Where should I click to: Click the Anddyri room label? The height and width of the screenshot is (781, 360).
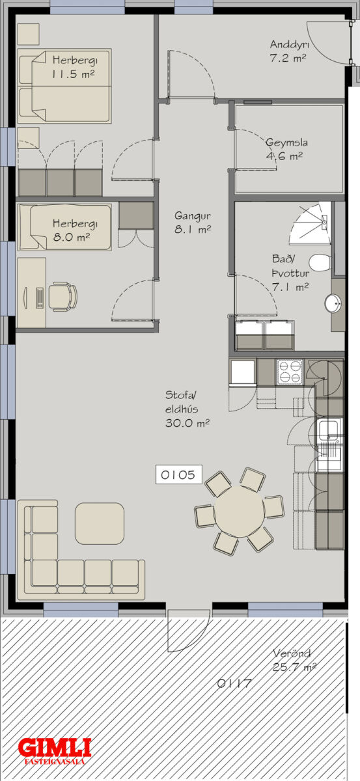point(288,45)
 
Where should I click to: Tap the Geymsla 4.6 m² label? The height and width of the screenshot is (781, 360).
point(286,149)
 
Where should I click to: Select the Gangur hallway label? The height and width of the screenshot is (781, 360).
point(193,215)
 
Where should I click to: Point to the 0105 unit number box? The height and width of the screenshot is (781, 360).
point(178,474)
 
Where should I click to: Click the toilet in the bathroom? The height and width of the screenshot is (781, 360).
point(320,263)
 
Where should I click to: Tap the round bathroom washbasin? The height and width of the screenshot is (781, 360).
point(333,303)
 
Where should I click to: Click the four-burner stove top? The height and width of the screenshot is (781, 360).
point(290,372)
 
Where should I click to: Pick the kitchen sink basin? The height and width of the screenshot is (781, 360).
point(328,430)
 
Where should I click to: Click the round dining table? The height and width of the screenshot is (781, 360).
point(239,512)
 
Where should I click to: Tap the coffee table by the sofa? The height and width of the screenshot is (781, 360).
point(100,523)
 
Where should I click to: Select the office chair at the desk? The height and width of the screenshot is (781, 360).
point(62,297)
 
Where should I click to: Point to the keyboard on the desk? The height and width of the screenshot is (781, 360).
point(40,298)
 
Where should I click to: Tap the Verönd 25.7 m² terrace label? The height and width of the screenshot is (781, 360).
point(294,660)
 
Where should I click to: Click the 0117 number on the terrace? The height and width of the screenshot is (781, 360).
point(234,683)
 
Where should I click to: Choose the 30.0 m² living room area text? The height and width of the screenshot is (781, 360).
point(187,423)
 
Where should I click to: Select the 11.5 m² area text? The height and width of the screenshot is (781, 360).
point(74,74)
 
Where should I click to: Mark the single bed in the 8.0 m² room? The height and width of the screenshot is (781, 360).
point(64,227)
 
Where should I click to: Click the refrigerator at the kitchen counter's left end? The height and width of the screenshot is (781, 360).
point(243,372)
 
